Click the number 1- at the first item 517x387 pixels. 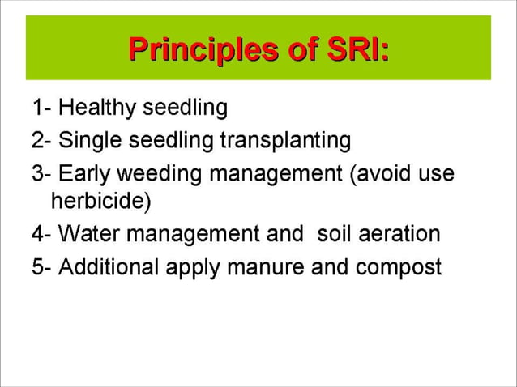coord(42,107)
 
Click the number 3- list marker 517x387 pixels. coord(42,175)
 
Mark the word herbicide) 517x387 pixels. coord(100,200)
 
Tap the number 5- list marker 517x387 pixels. coord(42,268)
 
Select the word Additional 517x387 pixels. coord(109,268)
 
